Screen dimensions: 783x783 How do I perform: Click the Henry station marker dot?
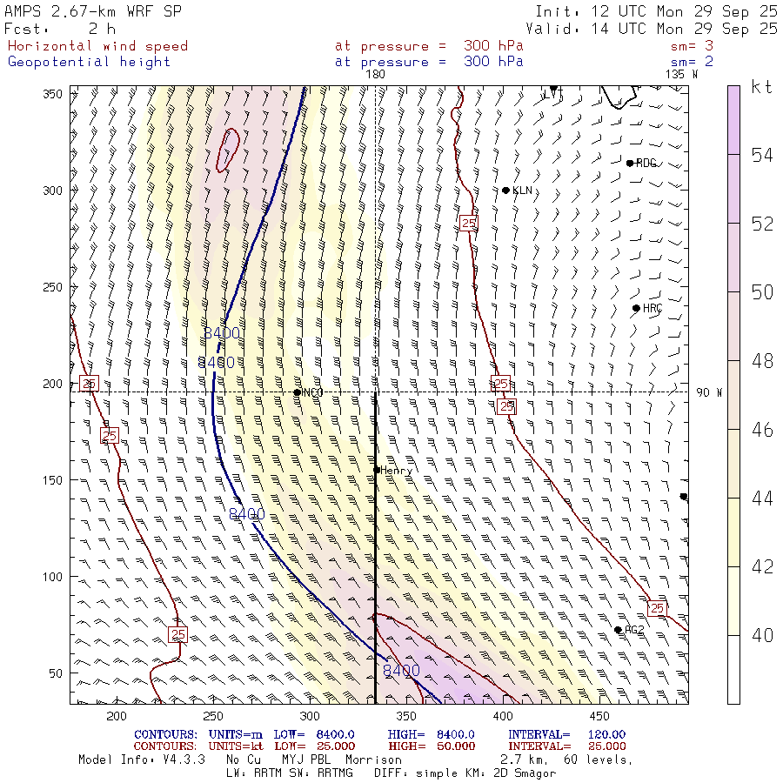click(x=377, y=470)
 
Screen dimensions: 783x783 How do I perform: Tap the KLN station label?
click(x=522, y=191)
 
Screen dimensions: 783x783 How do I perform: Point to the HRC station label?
click(x=652, y=309)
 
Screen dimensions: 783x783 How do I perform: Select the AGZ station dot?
click(x=618, y=630)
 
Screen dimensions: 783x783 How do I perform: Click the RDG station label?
click(x=646, y=164)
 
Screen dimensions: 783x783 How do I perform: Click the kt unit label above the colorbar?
click(x=761, y=87)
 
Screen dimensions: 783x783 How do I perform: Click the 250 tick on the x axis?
click(x=212, y=716)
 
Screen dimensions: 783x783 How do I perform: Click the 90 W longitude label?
click(x=709, y=392)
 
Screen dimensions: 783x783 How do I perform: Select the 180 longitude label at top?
click(x=375, y=75)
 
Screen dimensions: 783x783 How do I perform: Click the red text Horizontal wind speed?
click(x=97, y=46)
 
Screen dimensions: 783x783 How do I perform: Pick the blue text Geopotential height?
click(x=89, y=62)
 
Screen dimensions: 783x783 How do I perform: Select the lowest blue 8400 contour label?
click(x=401, y=671)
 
